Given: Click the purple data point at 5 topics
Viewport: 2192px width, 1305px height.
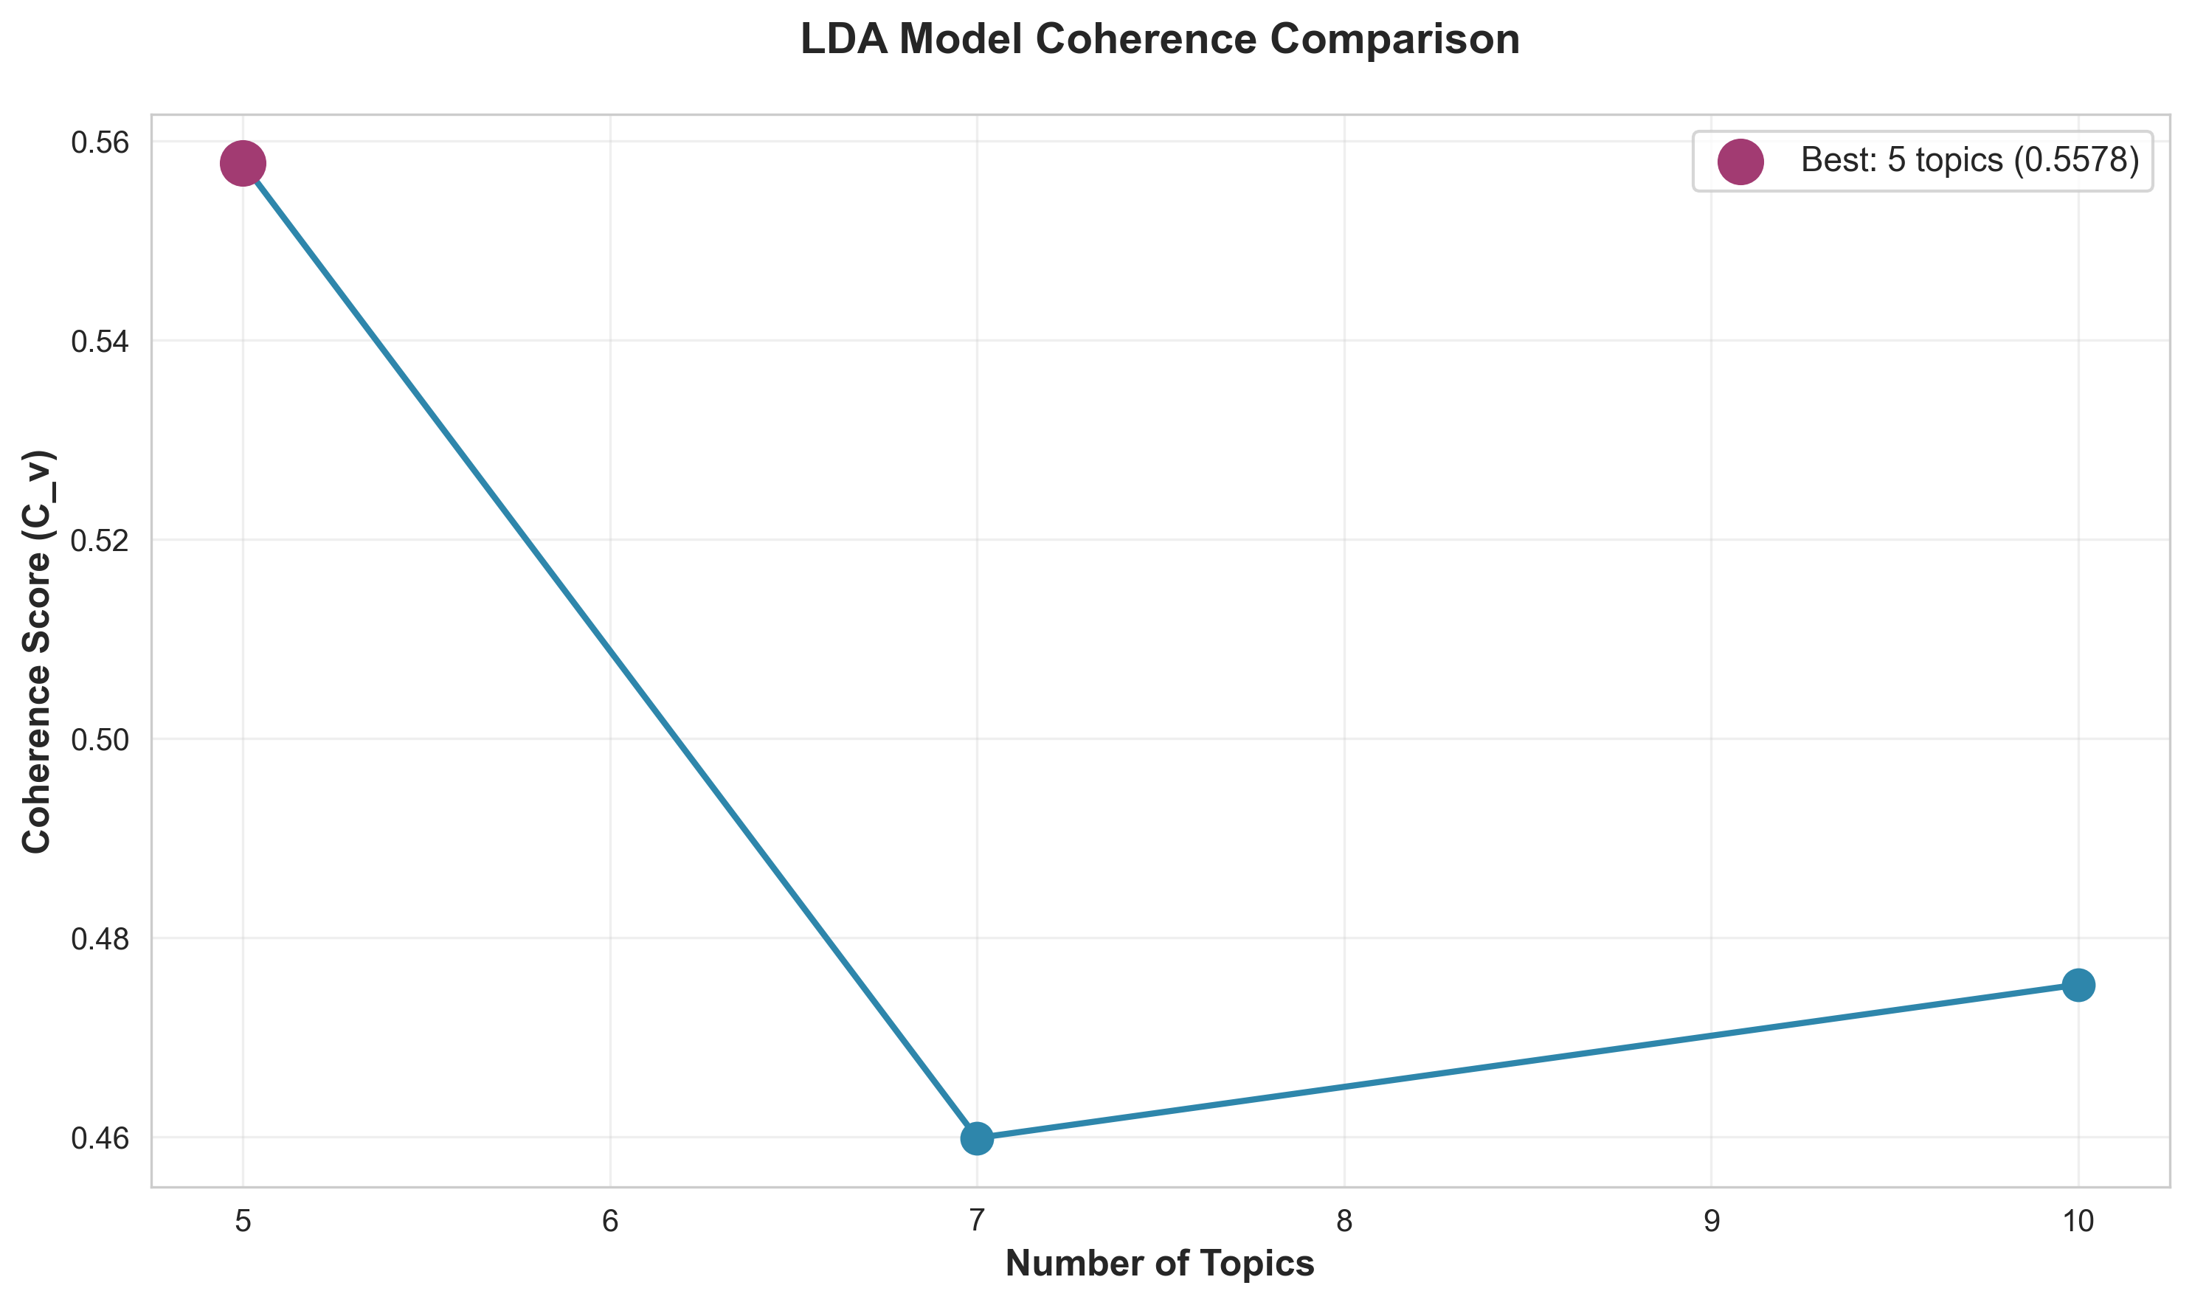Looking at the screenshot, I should (243, 164).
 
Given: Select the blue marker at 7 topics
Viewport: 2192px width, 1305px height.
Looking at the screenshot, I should (977, 1138).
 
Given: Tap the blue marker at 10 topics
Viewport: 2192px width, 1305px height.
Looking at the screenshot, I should (2078, 985).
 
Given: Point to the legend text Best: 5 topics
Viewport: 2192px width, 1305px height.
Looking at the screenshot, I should (1904, 160).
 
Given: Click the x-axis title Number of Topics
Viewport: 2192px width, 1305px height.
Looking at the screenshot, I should (1160, 1264).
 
